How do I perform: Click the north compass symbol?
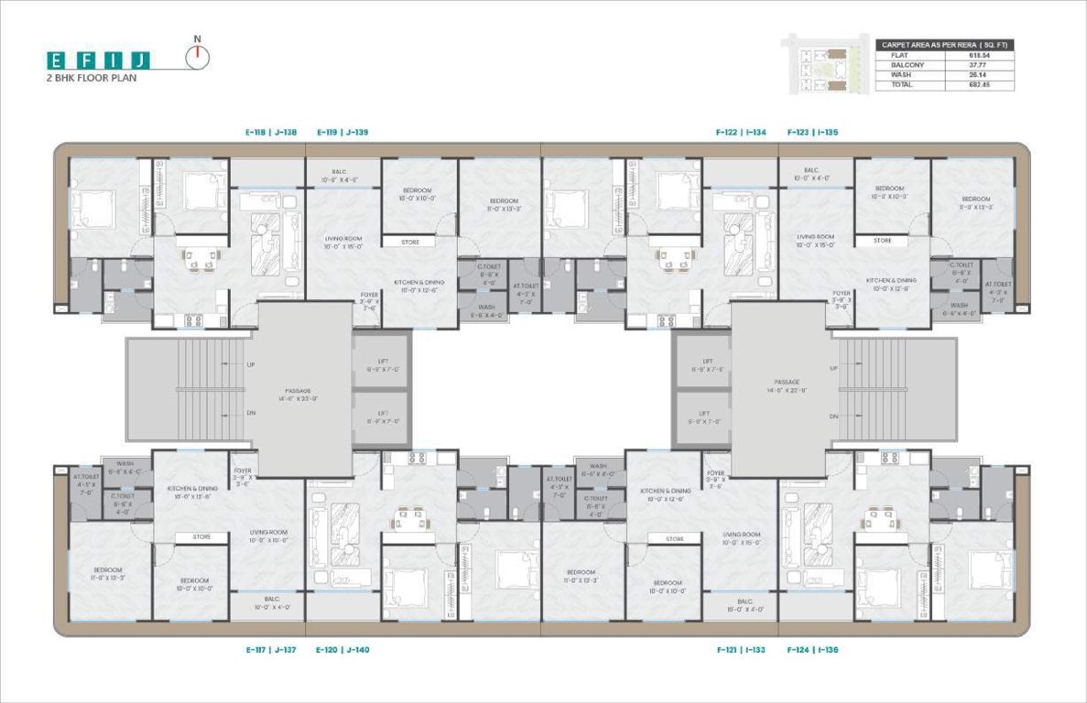pyautogui.click(x=197, y=58)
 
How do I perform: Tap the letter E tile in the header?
pyautogui.click(x=58, y=61)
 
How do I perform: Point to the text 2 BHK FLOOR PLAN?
pyautogui.click(x=92, y=80)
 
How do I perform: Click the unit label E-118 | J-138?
pyautogui.click(x=271, y=133)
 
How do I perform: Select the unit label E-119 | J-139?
pyautogui.click(x=342, y=133)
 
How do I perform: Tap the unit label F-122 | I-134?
pyautogui.click(x=741, y=133)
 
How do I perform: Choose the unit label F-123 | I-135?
pyautogui.click(x=812, y=133)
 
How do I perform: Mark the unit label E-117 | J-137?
pyautogui.click(x=271, y=650)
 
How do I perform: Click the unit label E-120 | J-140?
pyautogui.click(x=342, y=650)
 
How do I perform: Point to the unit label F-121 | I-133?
pyautogui.click(x=741, y=650)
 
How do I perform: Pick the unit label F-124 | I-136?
pyautogui.click(x=812, y=650)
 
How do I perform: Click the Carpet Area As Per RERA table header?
pyautogui.click(x=944, y=44)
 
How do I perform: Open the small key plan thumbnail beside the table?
pyautogui.click(x=822, y=64)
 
